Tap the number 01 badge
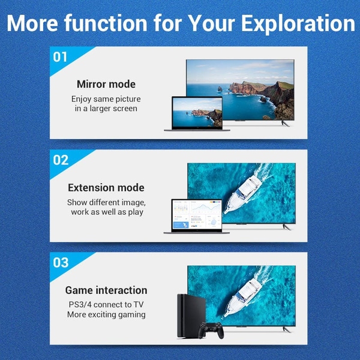[61, 58]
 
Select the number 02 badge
[61, 160]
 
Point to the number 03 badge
[61, 263]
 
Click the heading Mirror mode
[106, 84]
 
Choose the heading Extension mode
[106, 188]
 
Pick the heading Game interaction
[106, 290]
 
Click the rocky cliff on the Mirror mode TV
[258, 90]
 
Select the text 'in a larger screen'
[106, 109]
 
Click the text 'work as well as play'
[106, 212]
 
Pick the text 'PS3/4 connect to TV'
[106, 304]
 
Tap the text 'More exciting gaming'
[106, 314]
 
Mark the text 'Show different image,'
[106, 202]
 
